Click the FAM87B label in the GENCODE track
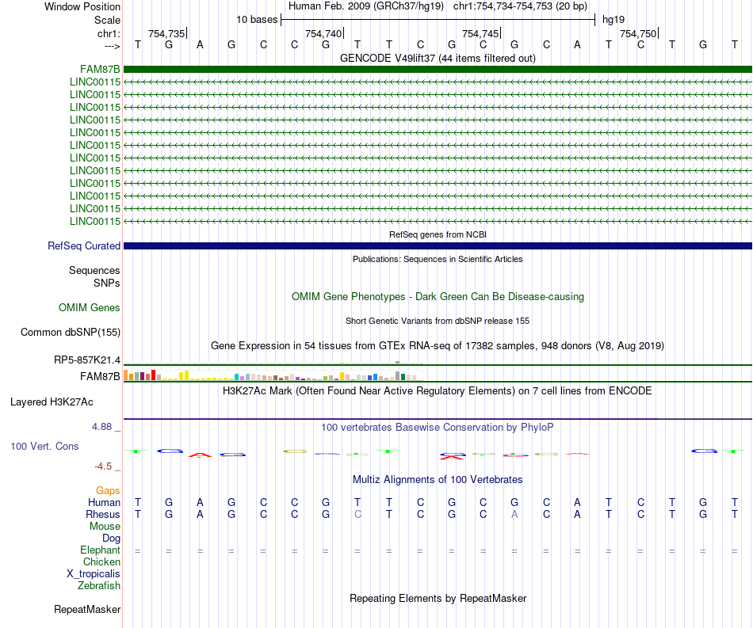click(100, 69)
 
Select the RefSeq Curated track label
click(84, 246)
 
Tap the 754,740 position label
click(323, 33)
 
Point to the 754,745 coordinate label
click(480, 33)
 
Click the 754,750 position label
click(638, 33)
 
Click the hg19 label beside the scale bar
click(613, 19)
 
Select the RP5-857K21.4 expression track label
click(87, 360)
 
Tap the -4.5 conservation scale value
click(105, 466)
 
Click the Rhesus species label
click(103, 514)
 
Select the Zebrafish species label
click(99, 586)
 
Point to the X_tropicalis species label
click(94, 574)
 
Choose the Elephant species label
click(100, 550)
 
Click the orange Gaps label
click(108, 491)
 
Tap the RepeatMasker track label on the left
click(87, 610)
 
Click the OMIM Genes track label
click(90, 307)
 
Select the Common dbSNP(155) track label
click(71, 333)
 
